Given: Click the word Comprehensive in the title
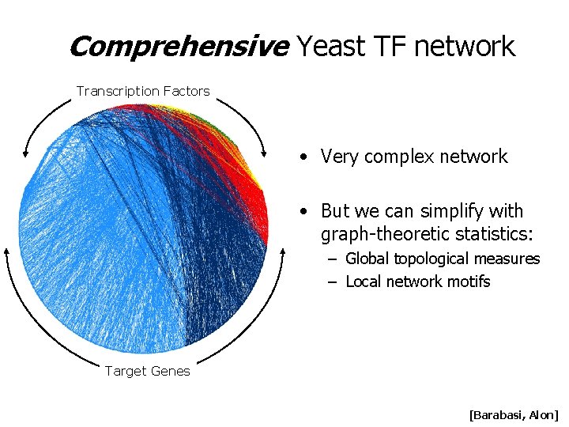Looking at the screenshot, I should pos(179,47).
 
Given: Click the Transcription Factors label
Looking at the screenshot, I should pos(143,91).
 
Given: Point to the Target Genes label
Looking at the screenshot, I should pos(148,372).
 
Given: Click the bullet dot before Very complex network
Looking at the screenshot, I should pos(304,157).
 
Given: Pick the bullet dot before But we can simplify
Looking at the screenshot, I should pos(304,212).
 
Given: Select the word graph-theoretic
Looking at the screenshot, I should pos(384,235).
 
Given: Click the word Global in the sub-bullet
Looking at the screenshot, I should pos(367,259).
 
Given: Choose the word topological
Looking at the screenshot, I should pos(433,259).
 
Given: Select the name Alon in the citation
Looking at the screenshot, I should pos(543,414).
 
